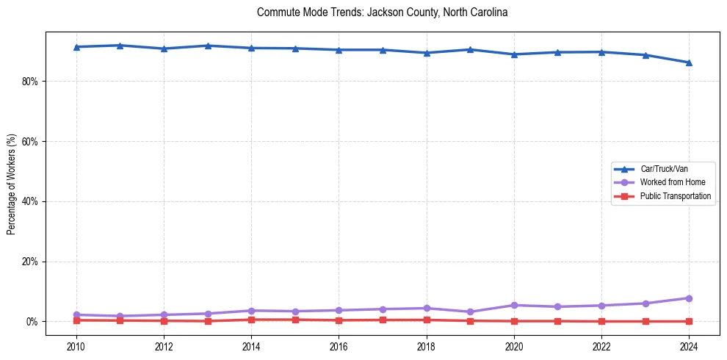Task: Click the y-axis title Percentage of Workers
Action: pyautogui.click(x=11, y=184)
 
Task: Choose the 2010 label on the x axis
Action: pyautogui.click(x=76, y=346)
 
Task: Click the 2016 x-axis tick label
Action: pyautogui.click(x=339, y=346)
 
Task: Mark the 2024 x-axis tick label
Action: pyautogui.click(x=689, y=346)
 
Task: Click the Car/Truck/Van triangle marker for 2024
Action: pyautogui.click(x=689, y=62)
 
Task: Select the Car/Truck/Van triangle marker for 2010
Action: pyautogui.click(x=76, y=47)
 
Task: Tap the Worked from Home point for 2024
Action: pyautogui.click(x=689, y=298)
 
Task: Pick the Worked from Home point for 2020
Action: pyautogui.click(x=514, y=305)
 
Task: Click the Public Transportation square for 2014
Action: pyautogui.click(x=251, y=320)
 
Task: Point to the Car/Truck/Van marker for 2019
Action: pyautogui.click(x=470, y=49)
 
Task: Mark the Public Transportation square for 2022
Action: pyautogui.click(x=601, y=321)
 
